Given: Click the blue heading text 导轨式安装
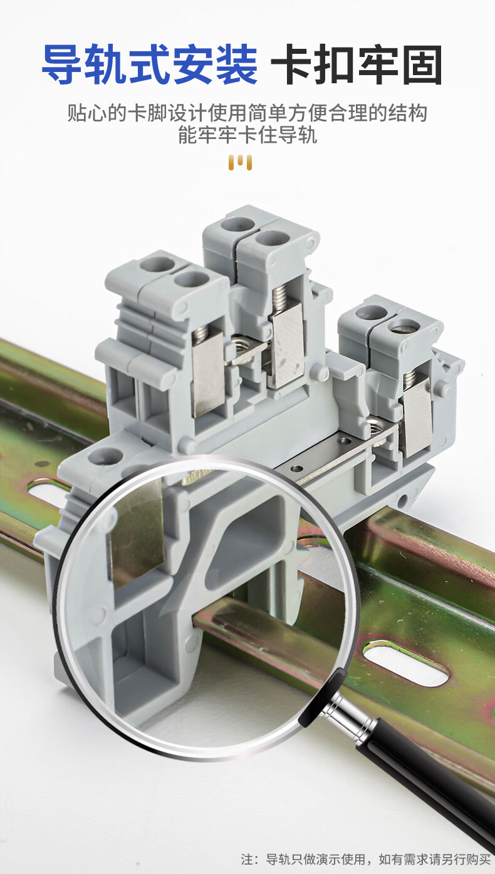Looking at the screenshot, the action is tap(150, 64).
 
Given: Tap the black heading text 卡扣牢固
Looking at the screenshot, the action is tap(357, 64).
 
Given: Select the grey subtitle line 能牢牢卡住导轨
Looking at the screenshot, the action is tap(247, 135).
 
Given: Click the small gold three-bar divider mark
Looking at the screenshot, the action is tap(240, 162).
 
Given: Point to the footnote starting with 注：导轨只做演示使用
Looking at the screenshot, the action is tap(366, 859).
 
